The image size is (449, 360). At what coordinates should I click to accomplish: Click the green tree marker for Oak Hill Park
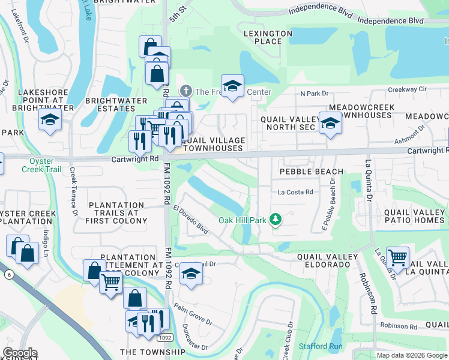tap(276, 220)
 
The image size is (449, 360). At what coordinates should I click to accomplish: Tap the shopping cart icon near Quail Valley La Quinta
tap(398, 258)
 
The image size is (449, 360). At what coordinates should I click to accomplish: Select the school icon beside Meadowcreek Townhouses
tap(330, 123)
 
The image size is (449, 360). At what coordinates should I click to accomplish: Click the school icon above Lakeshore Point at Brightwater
tap(50, 119)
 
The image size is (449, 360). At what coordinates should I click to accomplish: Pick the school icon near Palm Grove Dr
tap(191, 274)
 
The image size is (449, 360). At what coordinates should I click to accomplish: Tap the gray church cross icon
tap(186, 92)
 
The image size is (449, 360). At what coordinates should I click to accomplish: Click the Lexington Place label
tap(268, 38)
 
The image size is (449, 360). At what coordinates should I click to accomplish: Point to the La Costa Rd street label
tap(295, 192)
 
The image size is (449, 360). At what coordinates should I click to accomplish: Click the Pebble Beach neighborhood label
tap(312, 172)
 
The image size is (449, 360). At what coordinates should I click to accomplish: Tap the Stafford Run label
tap(322, 346)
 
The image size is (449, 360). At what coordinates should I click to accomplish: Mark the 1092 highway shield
tap(166, 338)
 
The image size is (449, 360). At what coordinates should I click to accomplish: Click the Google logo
tap(20, 353)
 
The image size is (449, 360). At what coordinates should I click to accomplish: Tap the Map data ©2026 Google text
tap(412, 355)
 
